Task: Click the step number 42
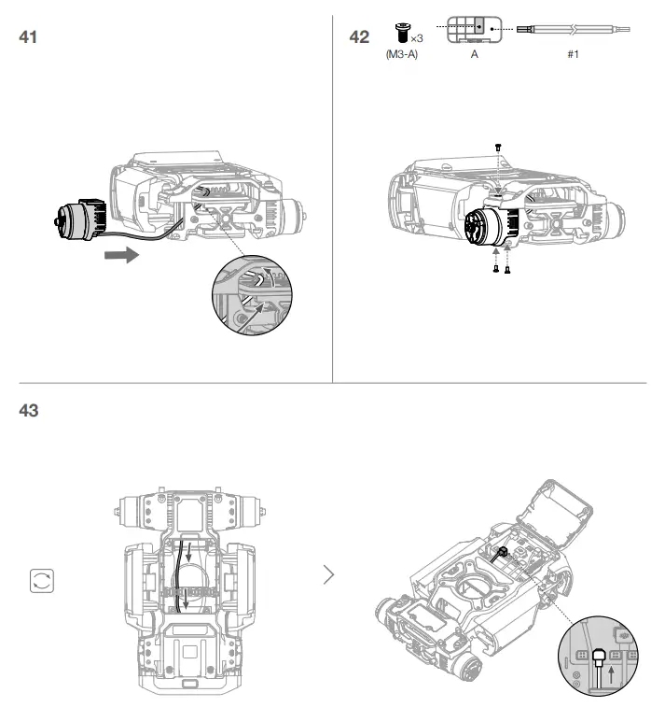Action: [x=358, y=38]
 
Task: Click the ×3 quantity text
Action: [x=416, y=37]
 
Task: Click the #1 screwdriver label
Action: [x=573, y=55]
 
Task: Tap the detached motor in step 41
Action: [x=81, y=219]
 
